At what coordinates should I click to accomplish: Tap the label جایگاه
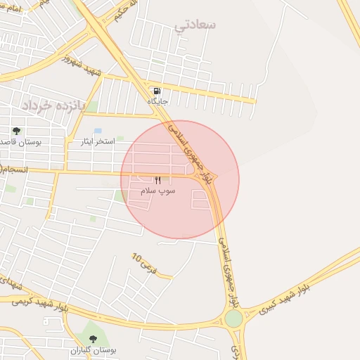[157, 102]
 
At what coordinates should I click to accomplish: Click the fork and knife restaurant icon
[157, 181]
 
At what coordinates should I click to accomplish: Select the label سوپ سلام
[157, 191]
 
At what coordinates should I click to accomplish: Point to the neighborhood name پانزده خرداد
[49, 105]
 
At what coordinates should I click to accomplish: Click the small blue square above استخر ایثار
[98, 131]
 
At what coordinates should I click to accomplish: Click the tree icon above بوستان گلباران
[93, 339]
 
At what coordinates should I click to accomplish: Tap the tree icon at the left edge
[16, 131]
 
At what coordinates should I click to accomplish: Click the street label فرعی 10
[143, 263]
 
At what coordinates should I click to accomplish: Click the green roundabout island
[233, 319]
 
